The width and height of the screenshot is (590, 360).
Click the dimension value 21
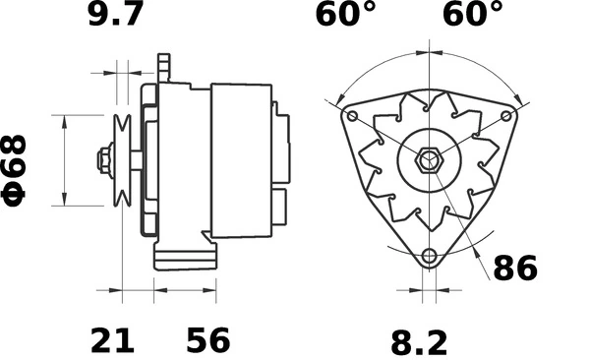pyautogui.click(x=113, y=340)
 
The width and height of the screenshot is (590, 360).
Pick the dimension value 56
pyautogui.click(x=207, y=340)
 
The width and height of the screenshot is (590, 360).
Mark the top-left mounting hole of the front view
pyautogui.click(x=350, y=114)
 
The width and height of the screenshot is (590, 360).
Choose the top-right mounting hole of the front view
pyautogui.click(x=505, y=115)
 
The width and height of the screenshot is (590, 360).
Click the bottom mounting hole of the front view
pyautogui.click(x=428, y=257)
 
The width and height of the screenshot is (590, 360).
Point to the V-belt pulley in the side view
pyautogui.click(x=123, y=159)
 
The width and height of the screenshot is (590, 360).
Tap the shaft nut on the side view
pyautogui.click(x=102, y=159)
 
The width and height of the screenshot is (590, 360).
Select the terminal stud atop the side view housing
pyautogui.click(x=164, y=69)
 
